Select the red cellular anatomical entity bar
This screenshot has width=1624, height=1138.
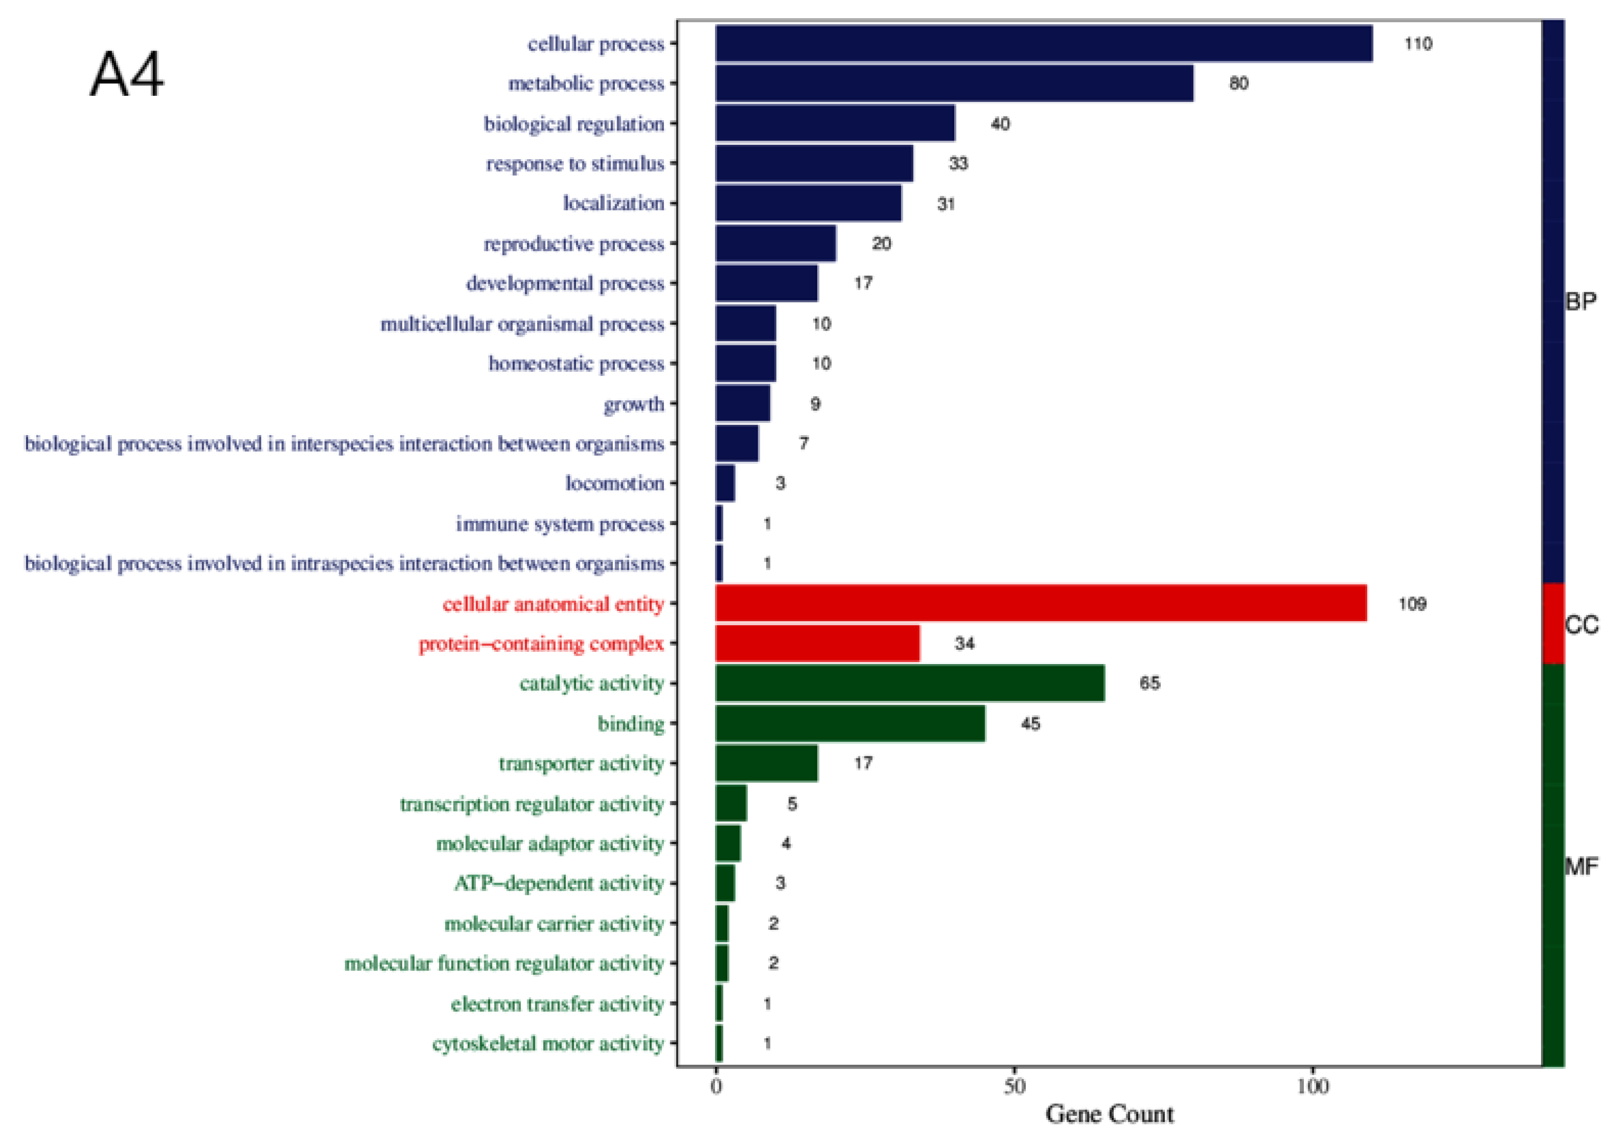coord(1041,603)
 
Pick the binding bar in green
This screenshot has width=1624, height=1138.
coord(850,723)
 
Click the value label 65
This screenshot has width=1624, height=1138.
coord(1150,683)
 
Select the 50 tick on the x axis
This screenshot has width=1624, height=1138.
coord(1014,1085)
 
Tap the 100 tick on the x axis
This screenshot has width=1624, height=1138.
coord(1312,1085)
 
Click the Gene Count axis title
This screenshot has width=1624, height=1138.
coord(1109,1114)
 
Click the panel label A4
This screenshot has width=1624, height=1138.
coord(127,75)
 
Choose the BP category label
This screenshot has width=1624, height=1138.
coord(1580,302)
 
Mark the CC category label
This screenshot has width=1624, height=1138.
coord(1581,625)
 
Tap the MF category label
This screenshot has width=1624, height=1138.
coord(1581,866)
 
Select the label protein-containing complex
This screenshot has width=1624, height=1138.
coord(541,643)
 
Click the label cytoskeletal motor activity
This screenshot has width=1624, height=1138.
coord(548,1044)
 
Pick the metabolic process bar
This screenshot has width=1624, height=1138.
coord(954,83)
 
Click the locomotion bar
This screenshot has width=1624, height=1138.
coord(725,484)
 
